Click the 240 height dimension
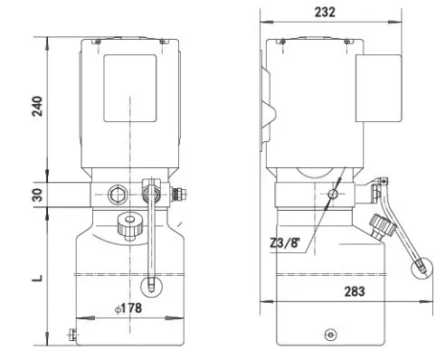(x=37, y=106)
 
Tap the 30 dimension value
(x=37, y=194)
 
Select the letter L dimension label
(x=37, y=278)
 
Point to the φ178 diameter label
(x=128, y=308)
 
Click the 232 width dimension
(x=325, y=12)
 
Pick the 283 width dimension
(x=355, y=291)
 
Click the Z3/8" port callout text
(x=285, y=242)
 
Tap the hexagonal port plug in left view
(x=118, y=194)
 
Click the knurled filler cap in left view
(x=130, y=226)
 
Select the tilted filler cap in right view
(x=382, y=225)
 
